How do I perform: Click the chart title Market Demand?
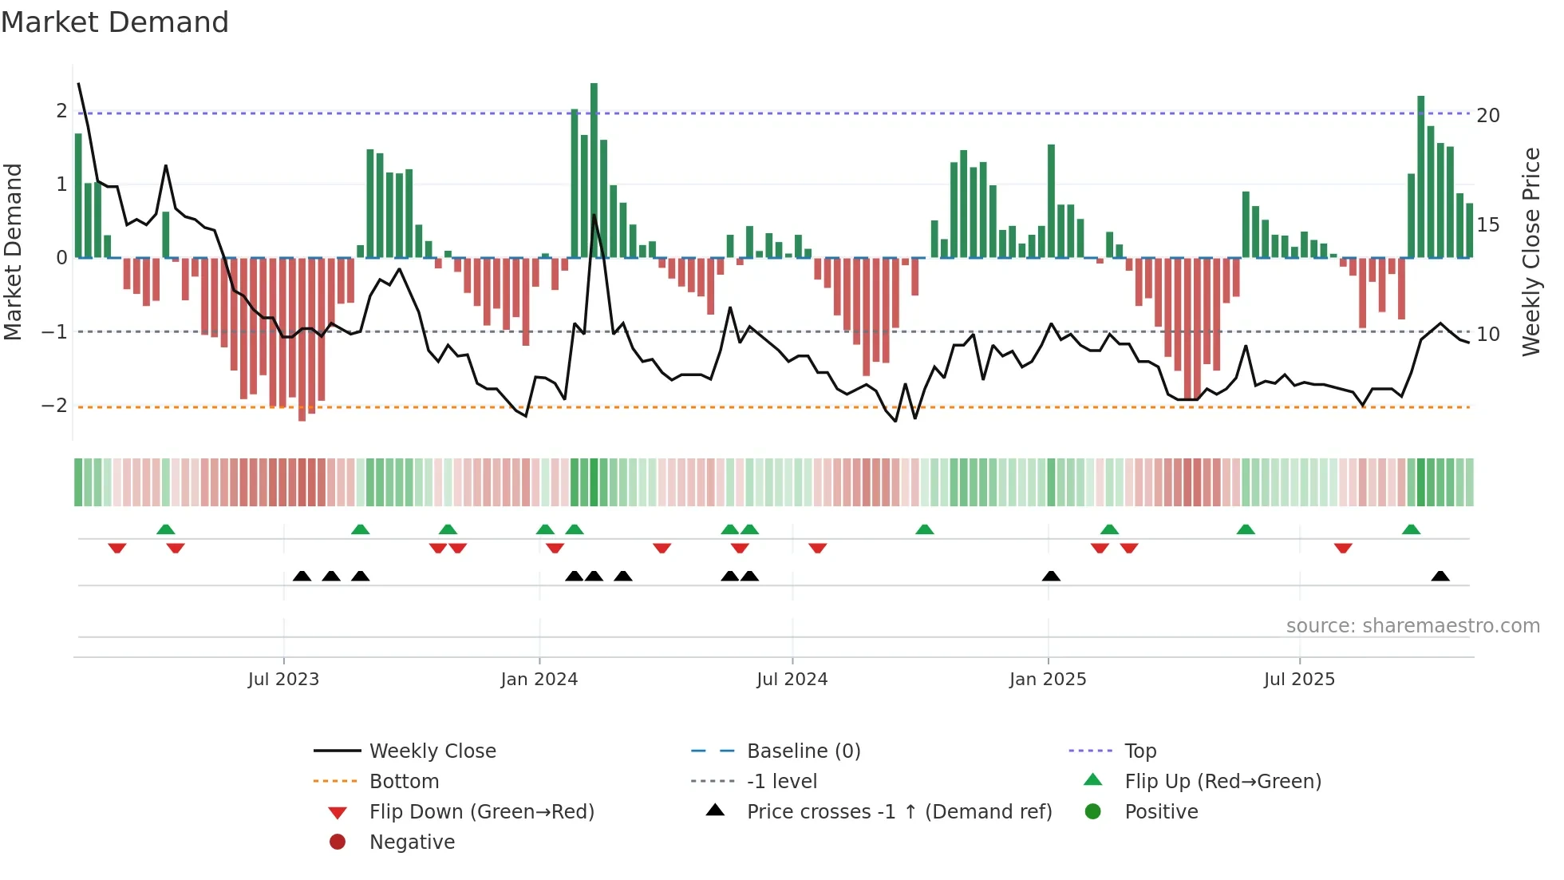point(115,22)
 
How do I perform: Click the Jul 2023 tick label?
point(283,680)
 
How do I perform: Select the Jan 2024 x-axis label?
point(539,680)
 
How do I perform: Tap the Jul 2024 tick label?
point(792,680)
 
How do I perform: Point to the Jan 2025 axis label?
point(1047,680)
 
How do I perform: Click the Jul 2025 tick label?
point(1299,680)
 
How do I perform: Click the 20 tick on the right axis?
point(1487,116)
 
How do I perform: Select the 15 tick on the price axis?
point(1487,225)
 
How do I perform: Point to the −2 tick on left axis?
point(54,406)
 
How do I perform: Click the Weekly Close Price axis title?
point(1530,252)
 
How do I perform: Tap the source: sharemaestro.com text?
point(1412,626)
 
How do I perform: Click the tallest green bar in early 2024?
point(594,169)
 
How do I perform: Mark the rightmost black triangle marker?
point(1440,577)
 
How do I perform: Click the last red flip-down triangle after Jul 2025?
point(1343,549)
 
